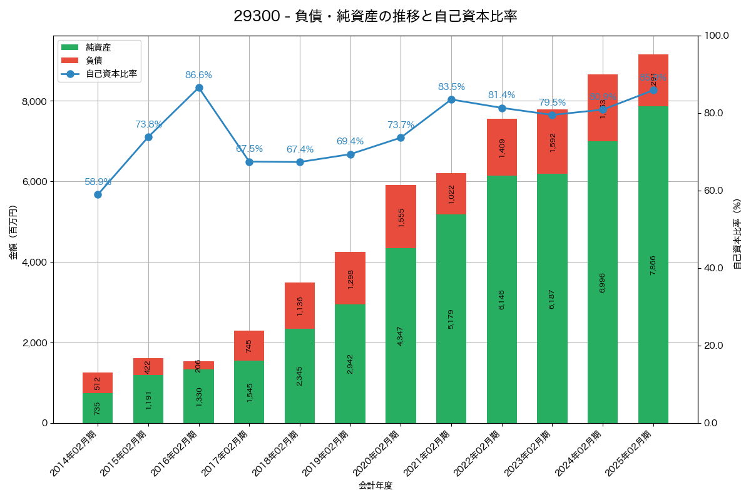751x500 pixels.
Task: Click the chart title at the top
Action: (375, 16)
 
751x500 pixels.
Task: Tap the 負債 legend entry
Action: (94, 61)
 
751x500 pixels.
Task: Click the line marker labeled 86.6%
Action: (199, 88)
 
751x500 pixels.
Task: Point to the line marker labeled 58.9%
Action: (98, 194)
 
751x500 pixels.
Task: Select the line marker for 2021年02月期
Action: (451, 99)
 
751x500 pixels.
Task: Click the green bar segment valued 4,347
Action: (401, 336)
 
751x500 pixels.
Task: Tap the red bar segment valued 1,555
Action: (401, 217)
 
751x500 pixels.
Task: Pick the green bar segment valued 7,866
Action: (653, 264)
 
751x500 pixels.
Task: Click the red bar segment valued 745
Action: (249, 346)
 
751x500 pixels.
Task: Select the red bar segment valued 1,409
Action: (502, 147)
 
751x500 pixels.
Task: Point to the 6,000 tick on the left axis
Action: (36, 182)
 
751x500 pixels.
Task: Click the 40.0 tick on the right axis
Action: (713, 268)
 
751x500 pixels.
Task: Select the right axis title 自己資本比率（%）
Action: (737, 234)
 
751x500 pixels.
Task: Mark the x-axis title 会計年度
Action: (375, 486)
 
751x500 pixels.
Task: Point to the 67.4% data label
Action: (300, 149)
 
